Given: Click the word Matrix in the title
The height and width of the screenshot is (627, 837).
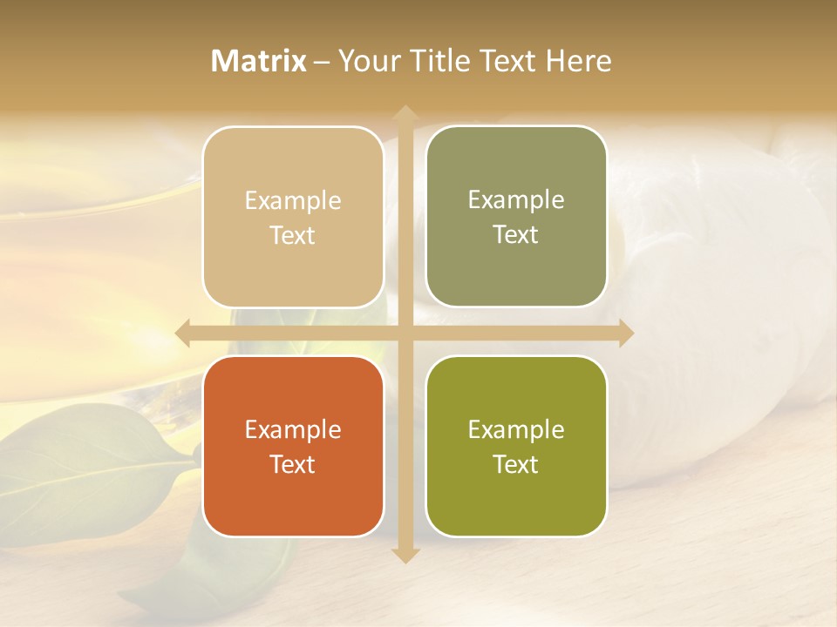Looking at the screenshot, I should [259, 61].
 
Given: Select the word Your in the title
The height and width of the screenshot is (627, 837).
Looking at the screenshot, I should [366, 61].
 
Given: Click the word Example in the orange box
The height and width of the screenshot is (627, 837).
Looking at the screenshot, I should [293, 429].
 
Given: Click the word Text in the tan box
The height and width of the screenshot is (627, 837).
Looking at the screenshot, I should [293, 235].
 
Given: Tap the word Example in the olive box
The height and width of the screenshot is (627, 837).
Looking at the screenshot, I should [516, 429].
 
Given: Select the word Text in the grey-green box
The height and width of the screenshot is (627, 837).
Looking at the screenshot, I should [516, 234].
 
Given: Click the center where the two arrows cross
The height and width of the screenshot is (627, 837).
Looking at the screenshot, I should [405, 333].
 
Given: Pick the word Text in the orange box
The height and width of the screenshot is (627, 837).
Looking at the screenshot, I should [293, 464].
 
